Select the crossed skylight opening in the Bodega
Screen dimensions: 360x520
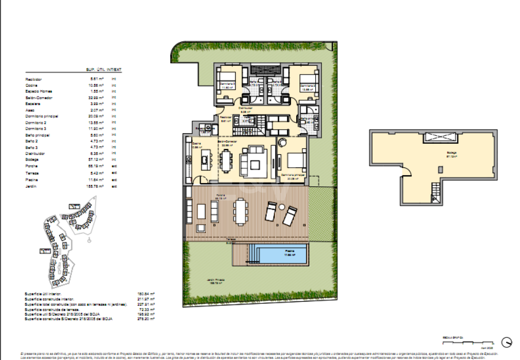click(x=437, y=137)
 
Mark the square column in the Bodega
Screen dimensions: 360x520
click(x=440, y=170)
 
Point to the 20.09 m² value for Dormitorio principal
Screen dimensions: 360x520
click(x=96, y=117)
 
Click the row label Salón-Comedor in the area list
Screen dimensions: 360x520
click(x=39, y=98)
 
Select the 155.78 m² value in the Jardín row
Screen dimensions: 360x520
click(x=96, y=186)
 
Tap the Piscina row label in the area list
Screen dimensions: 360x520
click(x=32, y=179)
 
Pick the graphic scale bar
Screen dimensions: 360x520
click(x=462, y=341)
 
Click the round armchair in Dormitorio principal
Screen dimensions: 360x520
click(x=282, y=142)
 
